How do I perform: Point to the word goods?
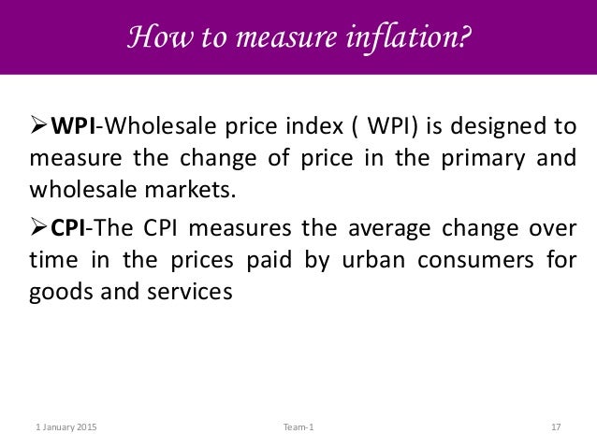tap(56, 293)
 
